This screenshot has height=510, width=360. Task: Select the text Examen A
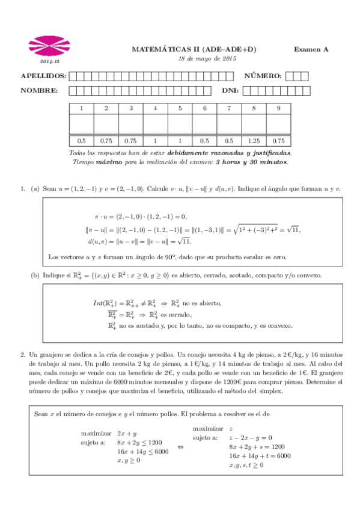point(311,50)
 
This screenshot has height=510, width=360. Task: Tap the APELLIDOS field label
point(43,76)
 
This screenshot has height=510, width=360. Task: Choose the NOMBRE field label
point(39,91)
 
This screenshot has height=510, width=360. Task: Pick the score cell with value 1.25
point(254,140)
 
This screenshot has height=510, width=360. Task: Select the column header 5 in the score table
point(180,108)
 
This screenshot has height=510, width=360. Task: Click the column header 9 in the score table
point(278,108)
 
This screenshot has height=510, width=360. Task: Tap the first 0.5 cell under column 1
point(81,140)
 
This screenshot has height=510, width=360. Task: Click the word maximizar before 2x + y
point(96,432)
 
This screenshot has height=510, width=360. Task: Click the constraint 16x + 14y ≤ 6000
point(142,452)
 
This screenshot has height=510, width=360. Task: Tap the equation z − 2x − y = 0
point(251,438)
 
